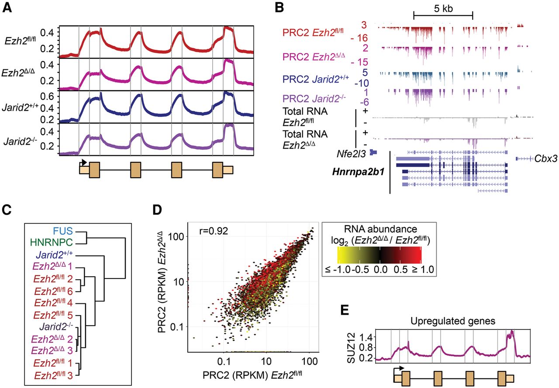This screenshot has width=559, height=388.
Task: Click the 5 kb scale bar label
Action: (x=443, y=9)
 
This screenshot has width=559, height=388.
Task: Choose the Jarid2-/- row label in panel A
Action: (x=25, y=142)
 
